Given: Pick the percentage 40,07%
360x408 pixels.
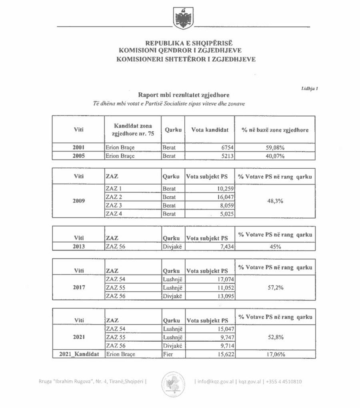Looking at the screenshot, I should (274, 156).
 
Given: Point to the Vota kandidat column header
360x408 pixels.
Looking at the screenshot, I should (210, 130).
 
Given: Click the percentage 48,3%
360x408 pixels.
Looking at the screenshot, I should (274, 201).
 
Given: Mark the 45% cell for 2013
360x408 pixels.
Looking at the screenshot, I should (274, 247).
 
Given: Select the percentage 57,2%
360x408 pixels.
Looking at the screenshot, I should (274, 288).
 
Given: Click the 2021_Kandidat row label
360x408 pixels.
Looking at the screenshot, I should (78, 354).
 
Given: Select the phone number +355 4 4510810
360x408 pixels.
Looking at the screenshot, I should (285, 381).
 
